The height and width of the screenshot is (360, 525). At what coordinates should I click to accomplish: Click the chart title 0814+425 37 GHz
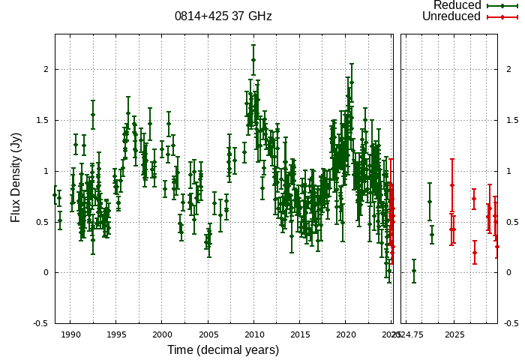coord(223,16)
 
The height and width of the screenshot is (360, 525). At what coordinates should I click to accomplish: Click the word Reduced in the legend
coord(457,5)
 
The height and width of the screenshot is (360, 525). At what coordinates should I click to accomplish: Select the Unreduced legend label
coord(451,16)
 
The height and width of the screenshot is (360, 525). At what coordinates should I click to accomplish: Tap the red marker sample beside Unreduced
coord(502,16)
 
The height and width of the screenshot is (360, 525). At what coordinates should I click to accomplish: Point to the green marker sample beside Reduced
coord(502,5)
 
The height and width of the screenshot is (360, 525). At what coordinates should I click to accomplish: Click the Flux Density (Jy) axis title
coord(16,177)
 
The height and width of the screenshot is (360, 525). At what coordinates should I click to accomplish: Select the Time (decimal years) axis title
coord(223,350)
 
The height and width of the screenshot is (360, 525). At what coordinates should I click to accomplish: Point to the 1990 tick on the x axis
coord(70,334)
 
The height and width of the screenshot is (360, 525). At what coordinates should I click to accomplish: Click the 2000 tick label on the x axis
coord(162,334)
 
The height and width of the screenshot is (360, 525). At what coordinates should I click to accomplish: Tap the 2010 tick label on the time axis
coord(253,334)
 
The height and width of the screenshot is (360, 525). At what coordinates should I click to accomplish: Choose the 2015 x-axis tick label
coord(300,334)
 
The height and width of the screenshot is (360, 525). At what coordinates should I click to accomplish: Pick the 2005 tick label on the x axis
coord(208,334)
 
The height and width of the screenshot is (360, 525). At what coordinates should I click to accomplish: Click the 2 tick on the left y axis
coord(45,69)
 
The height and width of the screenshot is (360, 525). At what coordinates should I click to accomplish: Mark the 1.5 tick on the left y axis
coord(42,120)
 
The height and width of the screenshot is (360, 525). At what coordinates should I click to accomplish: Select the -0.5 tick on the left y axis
coord(40,323)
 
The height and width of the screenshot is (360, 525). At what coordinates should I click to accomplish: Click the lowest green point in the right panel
coord(414,271)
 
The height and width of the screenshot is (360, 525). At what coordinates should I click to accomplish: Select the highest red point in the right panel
coord(451,185)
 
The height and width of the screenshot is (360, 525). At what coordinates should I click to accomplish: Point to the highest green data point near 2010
coord(253,60)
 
